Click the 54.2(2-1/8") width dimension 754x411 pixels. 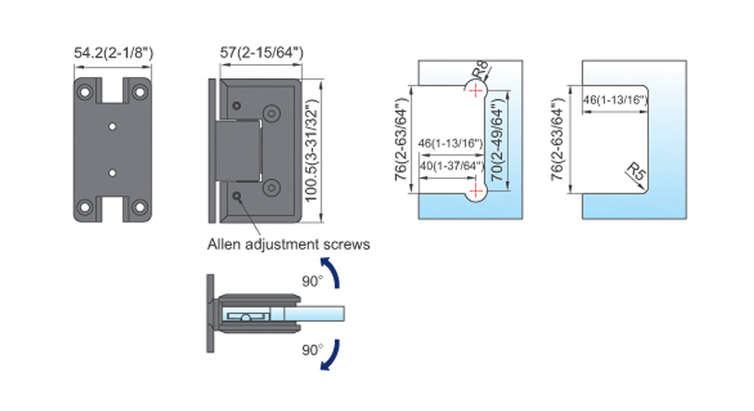pos(113,54)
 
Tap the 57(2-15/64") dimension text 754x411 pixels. pos(262,54)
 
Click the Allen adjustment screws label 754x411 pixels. pos(287,243)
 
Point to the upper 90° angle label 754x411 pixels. pos(312,281)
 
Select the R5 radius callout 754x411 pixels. pos(638,173)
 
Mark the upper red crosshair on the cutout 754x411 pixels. pos(476,90)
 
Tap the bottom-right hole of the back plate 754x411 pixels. pos(139,205)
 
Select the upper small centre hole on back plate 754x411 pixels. pos(113,125)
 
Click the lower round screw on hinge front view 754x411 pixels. pos(270,186)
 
